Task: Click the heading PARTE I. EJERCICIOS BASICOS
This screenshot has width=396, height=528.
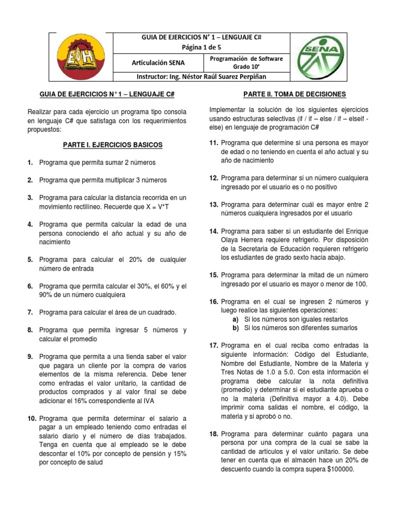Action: tap(112, 145)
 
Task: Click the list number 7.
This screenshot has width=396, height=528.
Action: tap(30, 312)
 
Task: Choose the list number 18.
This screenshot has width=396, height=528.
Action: tap(214, 434)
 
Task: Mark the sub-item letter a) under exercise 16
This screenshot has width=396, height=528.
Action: tap(235, 319)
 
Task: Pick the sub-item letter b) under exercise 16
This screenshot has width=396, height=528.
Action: tap(235, 328)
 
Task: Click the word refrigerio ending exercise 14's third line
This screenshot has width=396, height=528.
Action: tap(352, 248)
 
